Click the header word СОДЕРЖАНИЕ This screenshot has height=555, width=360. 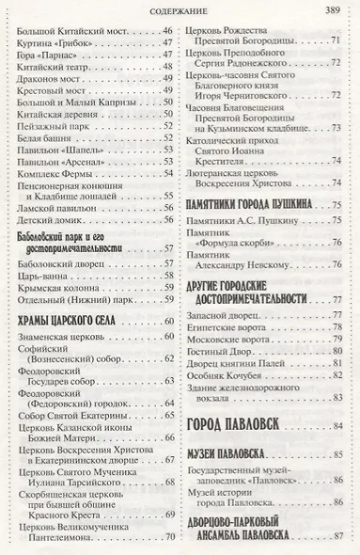179,10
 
